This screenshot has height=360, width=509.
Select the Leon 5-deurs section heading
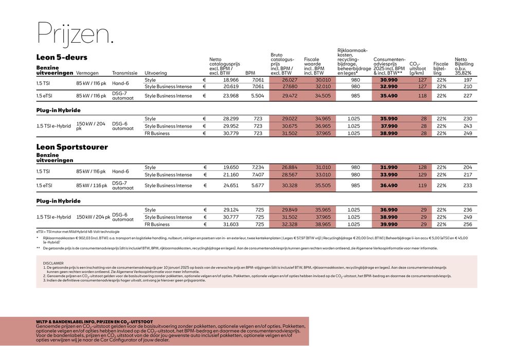pyautogui.click(x=62, y=57)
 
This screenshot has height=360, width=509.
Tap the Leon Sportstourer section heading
pyautogui.click(x=72, y=147)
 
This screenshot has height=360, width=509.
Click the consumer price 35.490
pyautogui.click(x=389, y=96)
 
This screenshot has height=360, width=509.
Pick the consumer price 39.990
pyautogui.click(x=389, y=224)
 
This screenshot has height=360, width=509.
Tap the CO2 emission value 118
pyautogui.click(x=422, y=96)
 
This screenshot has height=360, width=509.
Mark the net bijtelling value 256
pyautogui.click(x=467, y=224)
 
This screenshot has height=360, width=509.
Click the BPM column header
pyautogui.click(x=250, y=73)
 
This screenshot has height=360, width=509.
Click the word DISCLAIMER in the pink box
pyautogui.click(x=53, y=263)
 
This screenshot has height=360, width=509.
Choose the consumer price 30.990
pyautogui.click(x=389, y=80)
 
